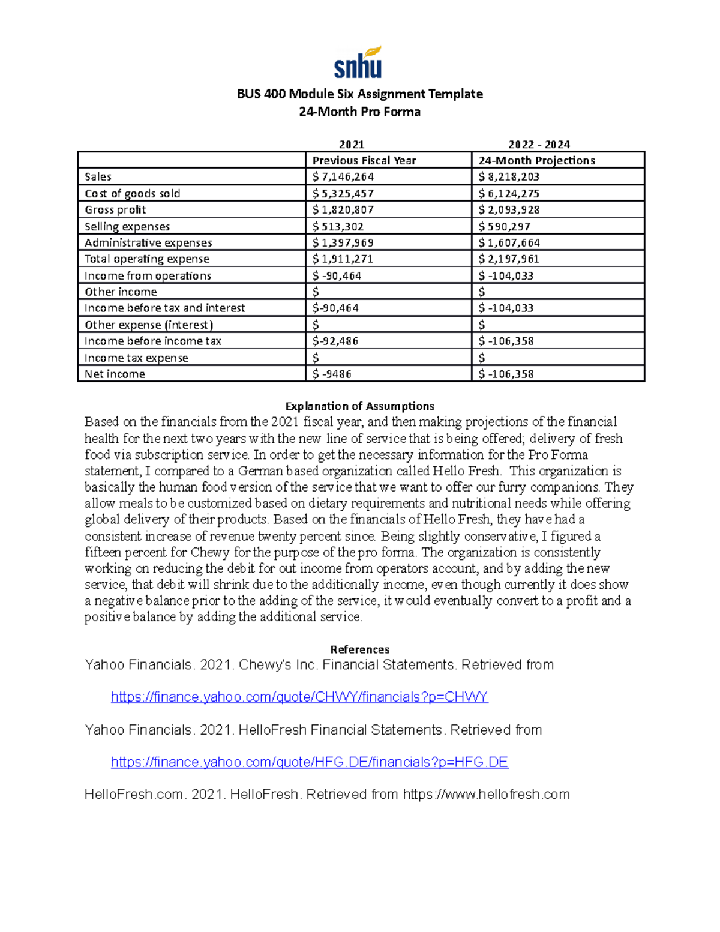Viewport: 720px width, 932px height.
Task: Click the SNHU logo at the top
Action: pyautogui.click(x=358, y=63)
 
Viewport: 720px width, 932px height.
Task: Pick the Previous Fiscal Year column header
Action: pyautogui.click(x=364, y=160)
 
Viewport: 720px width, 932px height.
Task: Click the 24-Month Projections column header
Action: pyautogui.click(x=536, y=160)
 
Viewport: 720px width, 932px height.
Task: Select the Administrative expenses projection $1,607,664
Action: pyautogui.click(x=509, y=242)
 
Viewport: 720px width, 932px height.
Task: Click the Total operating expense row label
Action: pyautogui.click(x=147, y=259)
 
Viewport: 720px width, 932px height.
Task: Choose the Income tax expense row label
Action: pyautogui.click(x=136, y=358)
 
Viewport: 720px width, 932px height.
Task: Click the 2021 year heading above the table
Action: pyautogui.click(x=352, y=144)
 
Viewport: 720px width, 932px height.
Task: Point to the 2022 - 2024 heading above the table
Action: pyautogui.click(x=539, y=144)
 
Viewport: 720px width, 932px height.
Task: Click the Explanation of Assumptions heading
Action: pyautogui.click(x=359, y=406)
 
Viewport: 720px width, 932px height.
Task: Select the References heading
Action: pyautogui.click(x=359, y=649)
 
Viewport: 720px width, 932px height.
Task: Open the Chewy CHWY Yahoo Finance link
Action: pyautogui.click(x=299, y=697)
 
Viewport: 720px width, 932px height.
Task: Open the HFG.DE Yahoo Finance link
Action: pyautogui.click(x=309, y=762)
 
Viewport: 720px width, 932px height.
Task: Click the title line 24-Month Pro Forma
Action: pyautogui.click(x=359, y=112)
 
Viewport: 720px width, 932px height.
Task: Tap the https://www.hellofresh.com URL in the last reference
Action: pyautogui.click(x=486, y=795)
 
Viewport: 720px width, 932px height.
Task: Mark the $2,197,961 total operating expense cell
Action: pyautogui.click(x=509, y=259)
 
